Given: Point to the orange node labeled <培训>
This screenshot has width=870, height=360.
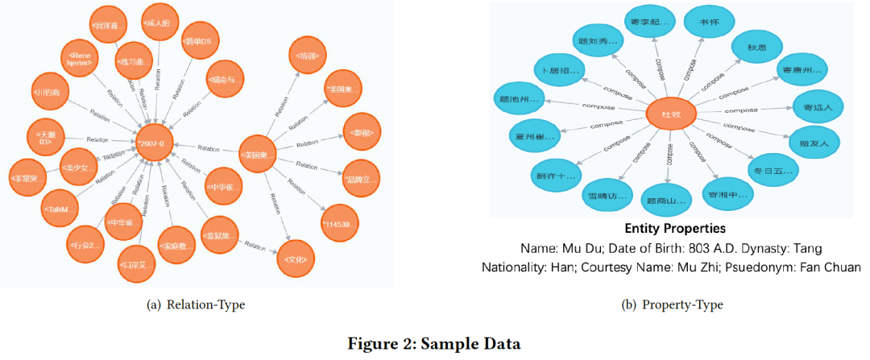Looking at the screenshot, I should [307, 56].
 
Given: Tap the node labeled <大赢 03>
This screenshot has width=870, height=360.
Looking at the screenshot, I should [44, 136].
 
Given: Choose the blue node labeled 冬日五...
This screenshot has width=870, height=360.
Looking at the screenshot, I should [773, 170].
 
